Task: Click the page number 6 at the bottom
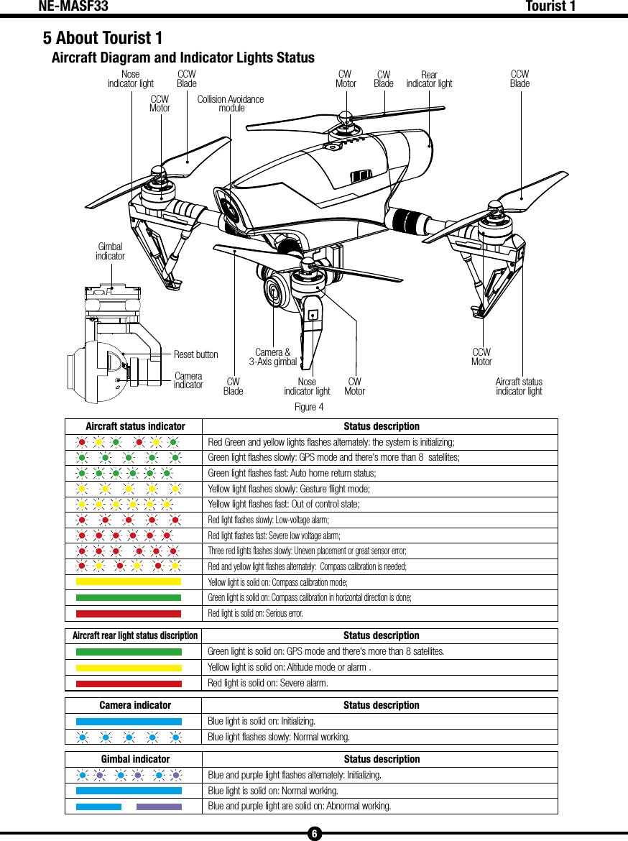click(314, 834)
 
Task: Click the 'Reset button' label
click(195, 354)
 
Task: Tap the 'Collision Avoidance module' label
click(231, 104)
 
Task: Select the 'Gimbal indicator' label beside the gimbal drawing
click(110, 252)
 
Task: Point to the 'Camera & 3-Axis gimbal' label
click(272, 357)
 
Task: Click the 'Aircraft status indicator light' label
click(519, 387)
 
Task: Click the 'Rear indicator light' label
click(429, 79)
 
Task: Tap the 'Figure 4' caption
click(309, 408)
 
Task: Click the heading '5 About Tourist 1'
click(103, 37)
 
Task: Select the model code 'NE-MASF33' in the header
click(73, 7)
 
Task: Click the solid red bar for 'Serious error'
click(129, 614)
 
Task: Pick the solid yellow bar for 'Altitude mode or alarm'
click(129, 668)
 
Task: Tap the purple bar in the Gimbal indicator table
click(159, 806)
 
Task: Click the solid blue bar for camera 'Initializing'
click(129, 721)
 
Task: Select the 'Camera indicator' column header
click(135, 705)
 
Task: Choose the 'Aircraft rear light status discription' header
click(135, 635)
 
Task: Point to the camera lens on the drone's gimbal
click(274, 289)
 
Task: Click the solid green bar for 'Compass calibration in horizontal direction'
click(129, 598)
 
